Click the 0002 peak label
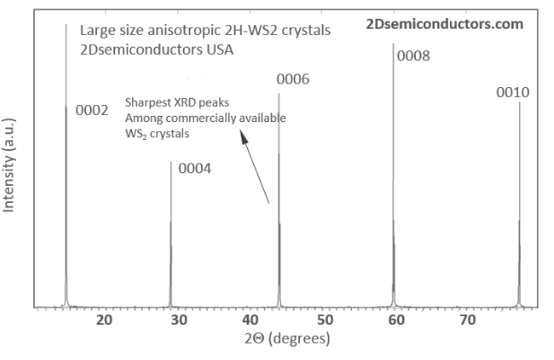point(92,110)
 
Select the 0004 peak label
point(195,168)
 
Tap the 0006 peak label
point(293,79)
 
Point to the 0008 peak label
point(413,56)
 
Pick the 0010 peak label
point(513,92)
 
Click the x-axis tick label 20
point(104,320)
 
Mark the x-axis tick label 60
point(396,320)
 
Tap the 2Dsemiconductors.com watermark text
point(445,24)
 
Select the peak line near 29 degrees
point(171,233)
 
